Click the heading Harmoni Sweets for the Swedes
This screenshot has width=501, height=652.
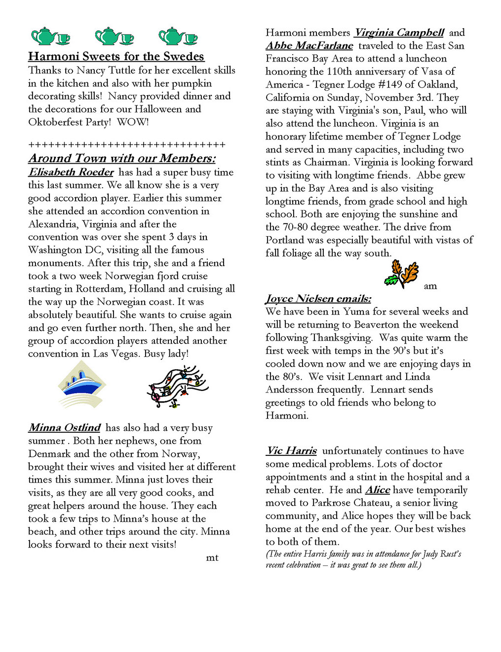(116, 57)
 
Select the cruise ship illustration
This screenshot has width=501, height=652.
(82, 384)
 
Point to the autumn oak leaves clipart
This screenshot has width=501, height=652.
(402, 274)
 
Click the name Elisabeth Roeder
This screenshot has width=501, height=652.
(71, 172)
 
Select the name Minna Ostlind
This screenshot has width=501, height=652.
(65, 428)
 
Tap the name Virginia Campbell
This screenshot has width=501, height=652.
(399, 33)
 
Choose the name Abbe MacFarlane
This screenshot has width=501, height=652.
(309, 46)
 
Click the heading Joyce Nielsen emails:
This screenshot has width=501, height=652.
(318, 299)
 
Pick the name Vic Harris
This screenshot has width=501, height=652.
(292, 451)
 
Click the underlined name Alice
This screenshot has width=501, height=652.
(378, 490)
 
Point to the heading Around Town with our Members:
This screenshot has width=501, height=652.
(122, 158)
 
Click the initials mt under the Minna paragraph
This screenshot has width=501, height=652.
(212, 558)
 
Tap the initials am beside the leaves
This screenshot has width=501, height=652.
(430, 286)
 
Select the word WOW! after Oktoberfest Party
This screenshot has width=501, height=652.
(133, 122)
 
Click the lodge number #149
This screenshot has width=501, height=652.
(392, 84)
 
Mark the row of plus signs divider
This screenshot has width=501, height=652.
(127, 145)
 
